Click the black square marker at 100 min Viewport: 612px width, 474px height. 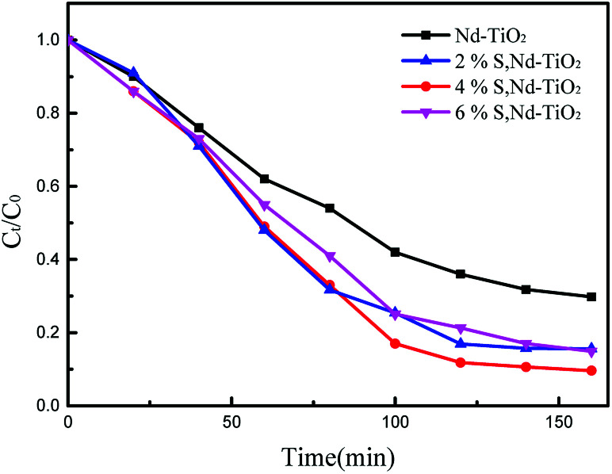pos(395,252)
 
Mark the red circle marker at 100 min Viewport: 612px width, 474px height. pos(395,343)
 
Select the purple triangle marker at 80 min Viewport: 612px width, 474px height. pos(330,256)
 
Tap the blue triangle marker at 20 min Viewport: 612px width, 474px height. pos(133,73)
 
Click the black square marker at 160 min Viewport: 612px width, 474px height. pos(591,296)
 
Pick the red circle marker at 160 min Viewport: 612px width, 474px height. pos(591,370)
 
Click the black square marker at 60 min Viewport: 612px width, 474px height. pos(264,179)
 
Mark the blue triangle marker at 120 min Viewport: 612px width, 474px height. pos(461,343)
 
